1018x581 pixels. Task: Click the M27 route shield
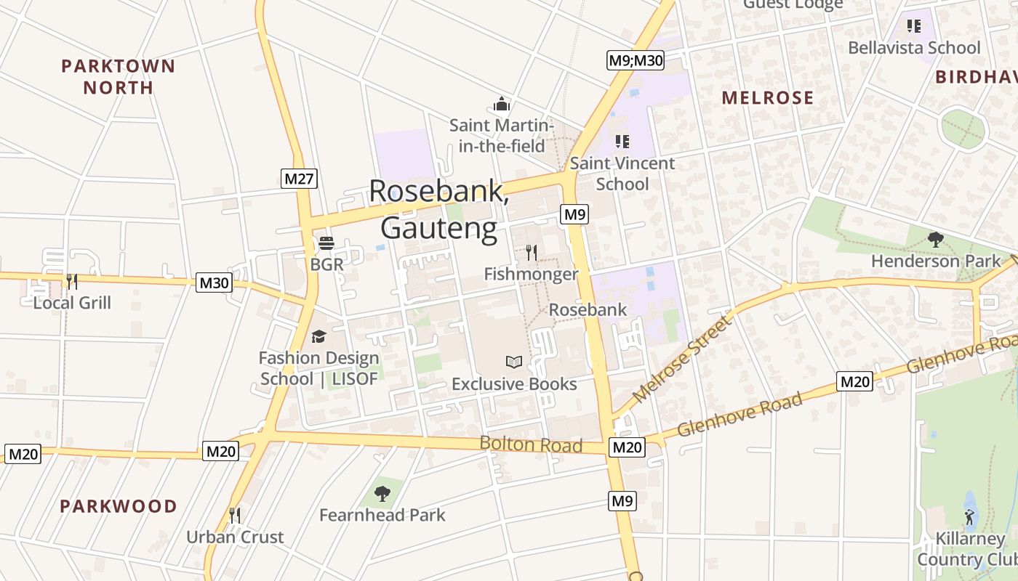[x=299, y=178]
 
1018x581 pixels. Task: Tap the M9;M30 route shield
[x=636, y=60]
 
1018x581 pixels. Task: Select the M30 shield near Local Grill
[x=214, y=283]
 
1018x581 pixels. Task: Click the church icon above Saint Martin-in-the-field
[x=502, y=105]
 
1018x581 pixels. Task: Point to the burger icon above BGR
[x=326, y=243]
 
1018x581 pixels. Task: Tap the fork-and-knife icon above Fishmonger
[x=532, y=253]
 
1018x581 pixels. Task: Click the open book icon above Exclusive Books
[x=514, y=362]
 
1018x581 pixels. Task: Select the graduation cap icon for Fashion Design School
[x=318, y=336]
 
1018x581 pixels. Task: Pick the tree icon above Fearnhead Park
[x=382, y=494]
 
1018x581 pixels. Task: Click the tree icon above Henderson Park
[x=936, y=239]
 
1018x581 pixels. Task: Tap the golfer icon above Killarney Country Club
[x=969, y=517]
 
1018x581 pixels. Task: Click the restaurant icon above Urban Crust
[x=234, y=516]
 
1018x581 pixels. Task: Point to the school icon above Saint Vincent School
[x=622, y=141]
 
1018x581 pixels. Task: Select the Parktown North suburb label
[x=118, y=77]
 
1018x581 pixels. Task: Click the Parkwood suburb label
[x=119, y=506]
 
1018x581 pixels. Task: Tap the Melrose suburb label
[x=767, y=98]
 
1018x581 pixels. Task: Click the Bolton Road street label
[x=531, y=444]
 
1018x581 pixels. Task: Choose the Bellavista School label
[x=915, y=48]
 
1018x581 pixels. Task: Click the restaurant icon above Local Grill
[x=72, y=281]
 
